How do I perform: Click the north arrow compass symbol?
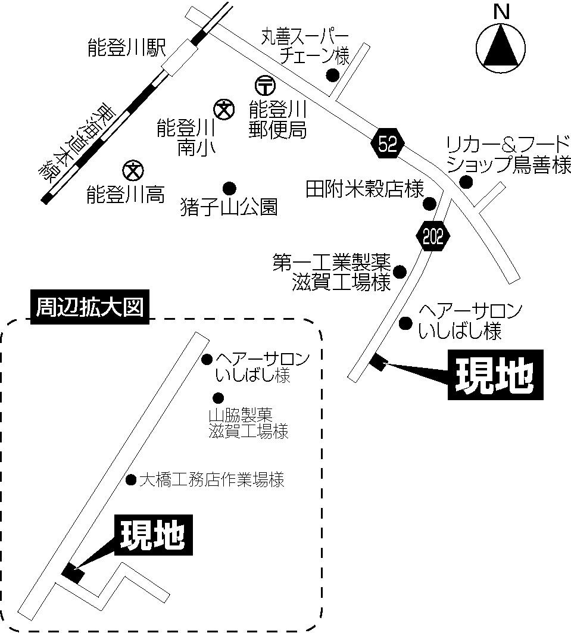pyautogui.click(x=501, y=47)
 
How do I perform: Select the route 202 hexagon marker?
pyautogui.click(x=432, y=237)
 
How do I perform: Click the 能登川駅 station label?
pyautogui.click(x=126, y=49)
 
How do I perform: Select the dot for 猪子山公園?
pyautogui.click(x=229, y=188)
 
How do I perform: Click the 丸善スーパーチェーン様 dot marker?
pyautogui.click(x=332, y=75)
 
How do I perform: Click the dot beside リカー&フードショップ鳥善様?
pyautogui.click(x=467, y=182)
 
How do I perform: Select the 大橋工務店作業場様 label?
pyautogui.click(x=211, y=479)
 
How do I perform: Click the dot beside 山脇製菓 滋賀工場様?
pyautogui.click(x=218, y=398)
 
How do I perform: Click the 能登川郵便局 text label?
pyautogui.click(x=277, y=120)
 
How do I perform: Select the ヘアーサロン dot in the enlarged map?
pyautogui.click(x=207, y=359)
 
